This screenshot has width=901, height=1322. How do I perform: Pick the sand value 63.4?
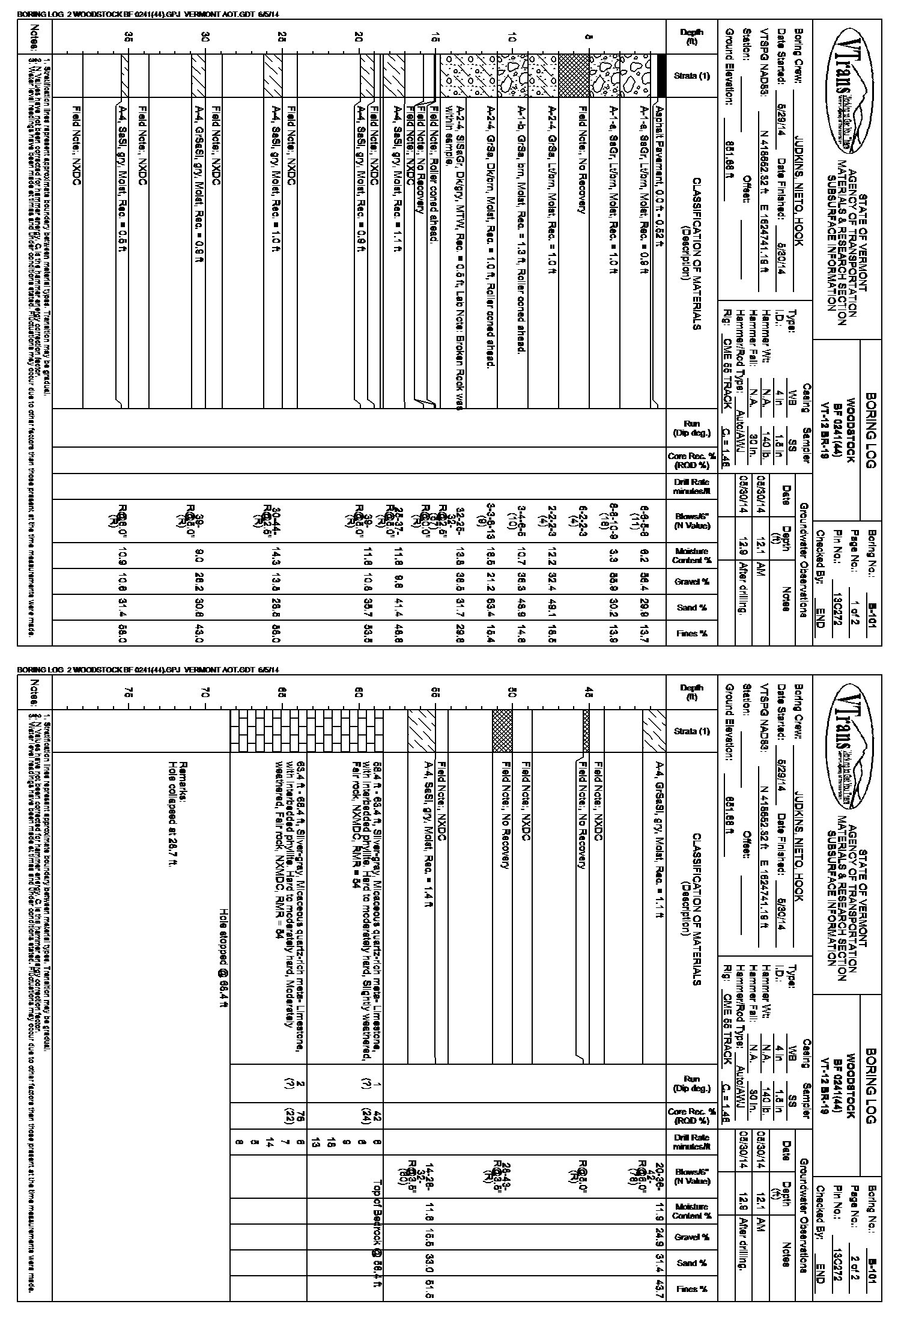coord(491,608)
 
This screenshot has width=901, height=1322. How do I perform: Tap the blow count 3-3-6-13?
coord(491,522)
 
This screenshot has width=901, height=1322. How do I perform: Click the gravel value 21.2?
coord(491,582)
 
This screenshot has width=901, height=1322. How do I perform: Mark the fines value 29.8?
coord(460,633)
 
